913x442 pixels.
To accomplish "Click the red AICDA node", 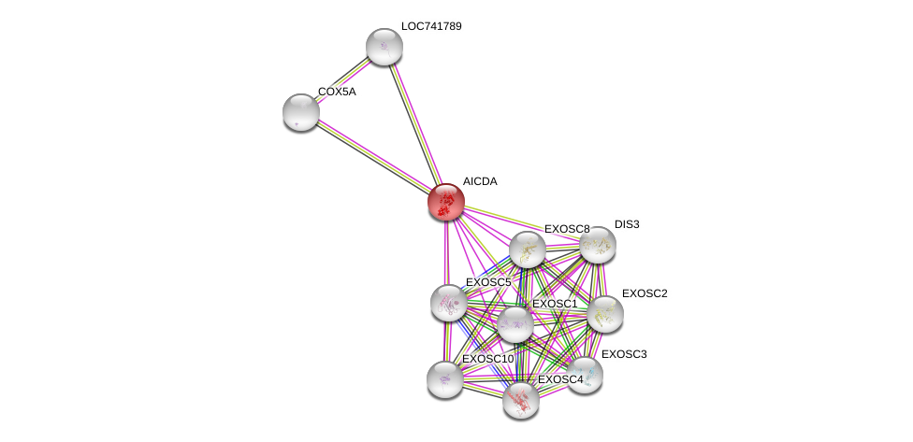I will pos(446,201).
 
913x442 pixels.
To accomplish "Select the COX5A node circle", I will pos(300,111).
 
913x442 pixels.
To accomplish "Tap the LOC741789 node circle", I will pos(384,46).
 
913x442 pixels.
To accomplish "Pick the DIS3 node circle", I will pos(597,245).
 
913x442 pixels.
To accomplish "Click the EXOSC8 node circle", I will pos(528,250).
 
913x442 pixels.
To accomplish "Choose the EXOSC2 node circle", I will pos(604,314).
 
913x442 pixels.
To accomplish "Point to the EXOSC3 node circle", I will pos(585,375).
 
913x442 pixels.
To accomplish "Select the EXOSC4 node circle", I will pos(520,400).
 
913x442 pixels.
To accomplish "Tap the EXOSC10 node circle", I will pos(444,378).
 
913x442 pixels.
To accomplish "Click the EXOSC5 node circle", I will pos(448,302).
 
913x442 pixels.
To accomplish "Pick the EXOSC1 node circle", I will pos(514,324).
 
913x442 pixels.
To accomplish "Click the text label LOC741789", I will pos(430,26).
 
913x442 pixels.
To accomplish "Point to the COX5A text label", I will pos(337,92).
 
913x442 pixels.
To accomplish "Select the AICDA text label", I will pos(480,181).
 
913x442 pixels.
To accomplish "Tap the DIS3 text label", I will pos(627,224).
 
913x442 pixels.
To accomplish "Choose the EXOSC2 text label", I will pos(645,293).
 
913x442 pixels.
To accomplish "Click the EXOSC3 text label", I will pos(623,354).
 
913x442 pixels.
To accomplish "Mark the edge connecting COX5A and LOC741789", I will pos(342,78).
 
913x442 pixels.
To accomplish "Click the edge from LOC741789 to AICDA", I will pos(414,122).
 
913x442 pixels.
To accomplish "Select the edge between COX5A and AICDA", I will pos(373,156).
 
